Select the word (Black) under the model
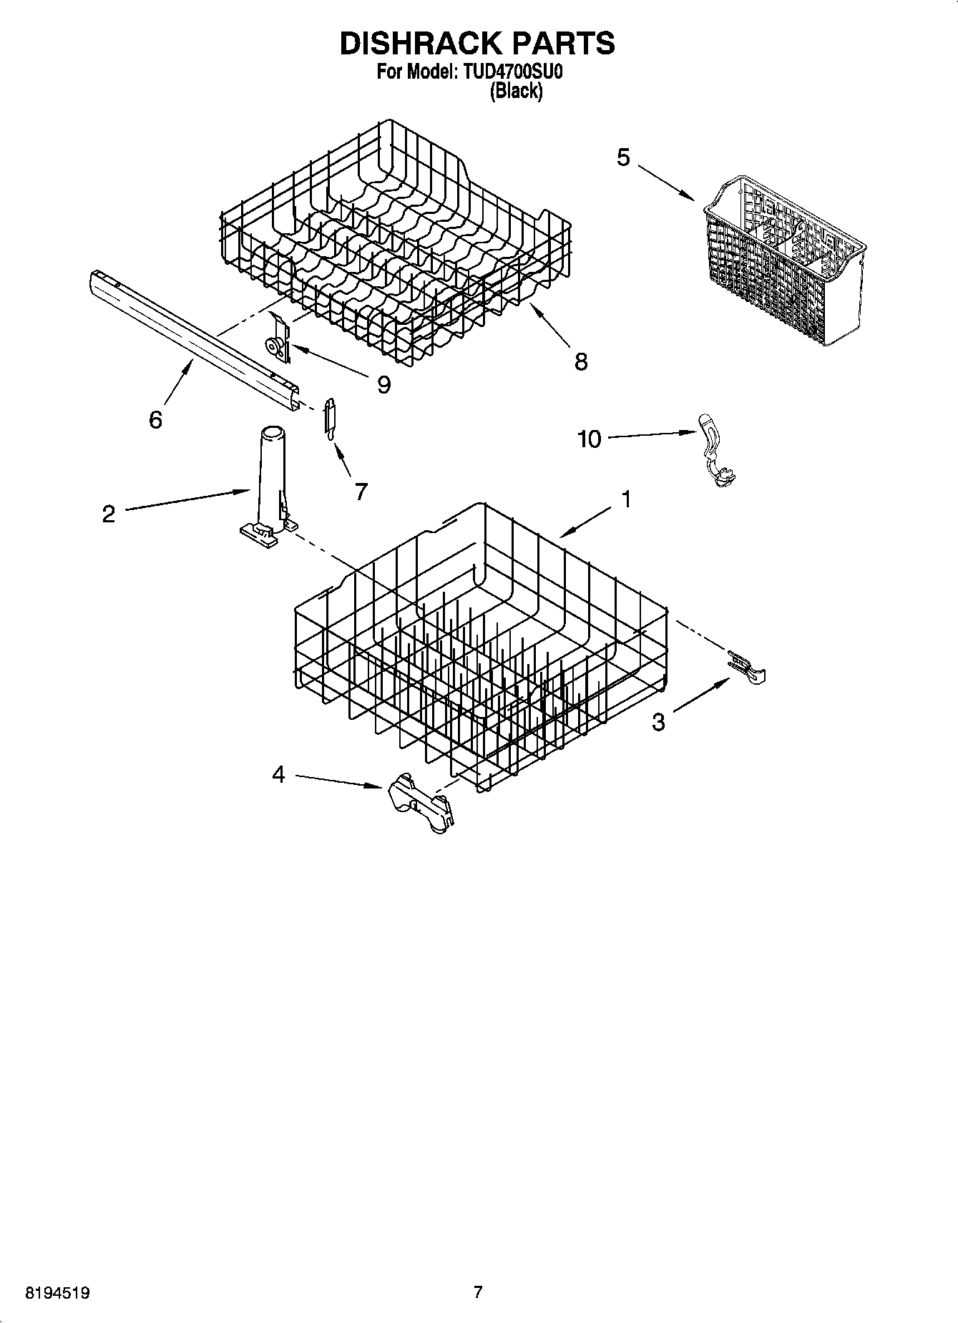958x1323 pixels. pyautogui.click(x=515, y=92)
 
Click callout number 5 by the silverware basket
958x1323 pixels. pyautogui.click(x=624, y=157)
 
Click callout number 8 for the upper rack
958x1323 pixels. pyautogui.click(x=581, y=361)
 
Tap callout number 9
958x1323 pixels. pyautogui.click(x=384, y=385)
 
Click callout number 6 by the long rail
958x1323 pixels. pyautogui.click(x=155, y=419)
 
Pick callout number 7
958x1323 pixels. pyautogui.click(x=361, y=491)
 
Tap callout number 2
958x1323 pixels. pyautogui.click(x=109, y=514)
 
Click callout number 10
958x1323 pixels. pyautogui.click(x=590, y=439)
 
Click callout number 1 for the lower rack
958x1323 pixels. pyautogui.click(x=626, y=499)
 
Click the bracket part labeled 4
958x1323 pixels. pyautogui.click(x=421, y=803)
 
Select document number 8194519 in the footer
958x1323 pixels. pyautogui.click(x=58, y=1293)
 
